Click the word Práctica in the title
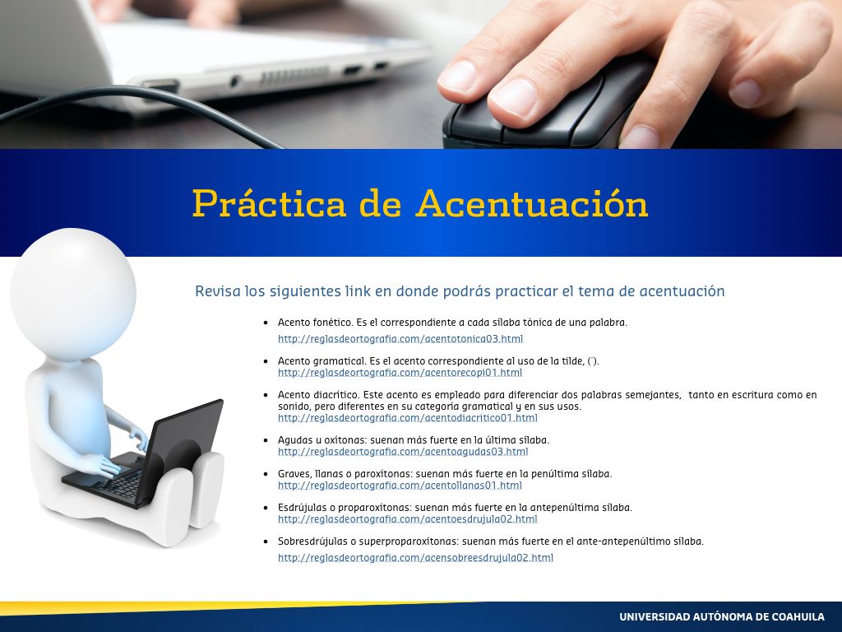(269, 204)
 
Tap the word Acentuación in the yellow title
(532, 203)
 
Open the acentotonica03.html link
(400, 338)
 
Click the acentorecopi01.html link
(400, 373)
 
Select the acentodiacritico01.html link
(408, 417)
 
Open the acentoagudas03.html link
(403, 452)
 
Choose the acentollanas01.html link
(400, 486)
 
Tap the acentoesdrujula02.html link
(408, 519)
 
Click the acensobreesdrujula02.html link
(415, 558)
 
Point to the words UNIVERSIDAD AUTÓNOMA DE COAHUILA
(722, 616)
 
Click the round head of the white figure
(73, 294)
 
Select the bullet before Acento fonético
(266, 323)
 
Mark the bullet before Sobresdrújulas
(266, 541)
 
